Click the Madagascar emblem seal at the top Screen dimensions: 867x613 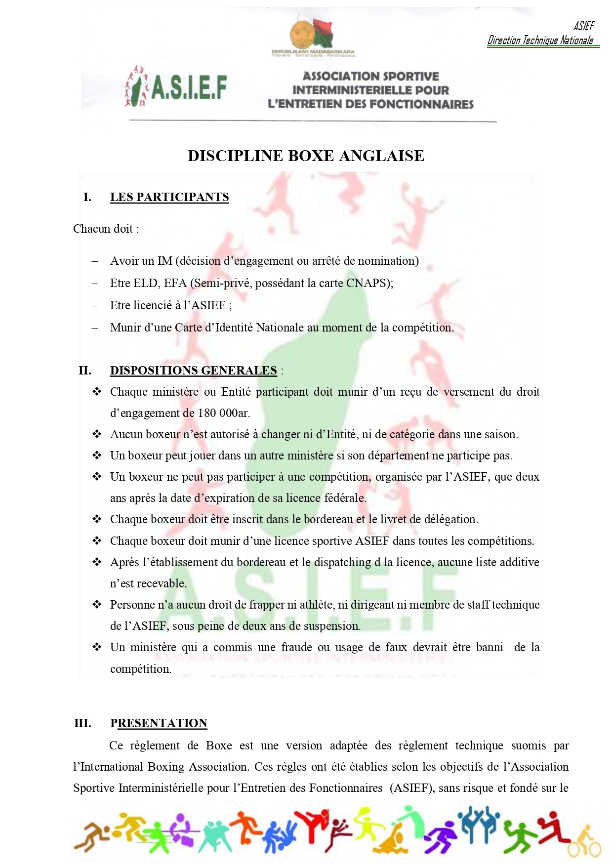click(301, 34)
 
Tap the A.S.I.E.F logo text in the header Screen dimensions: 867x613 click(188, 88)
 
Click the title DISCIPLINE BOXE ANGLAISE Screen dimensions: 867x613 click(306, 156)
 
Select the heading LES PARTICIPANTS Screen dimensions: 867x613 click(169, 197)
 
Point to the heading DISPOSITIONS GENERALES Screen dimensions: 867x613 click(193, 371)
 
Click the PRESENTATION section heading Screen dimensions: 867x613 click(159, 723)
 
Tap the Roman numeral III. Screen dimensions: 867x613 click(82, 723)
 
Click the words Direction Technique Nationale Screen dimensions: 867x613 click(540, 41)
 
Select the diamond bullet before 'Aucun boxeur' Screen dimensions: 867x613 click(97, 434)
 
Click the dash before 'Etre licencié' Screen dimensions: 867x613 click(95, 305)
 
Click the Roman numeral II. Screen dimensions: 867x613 click(85, 371)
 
